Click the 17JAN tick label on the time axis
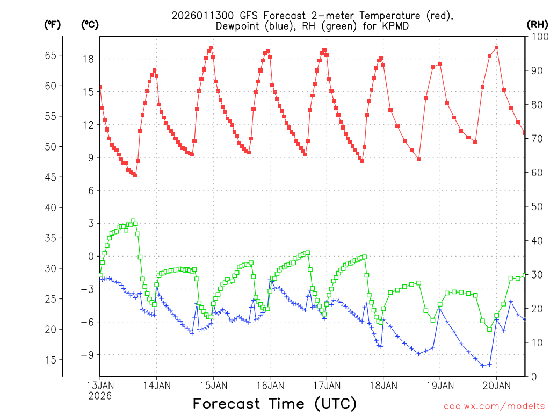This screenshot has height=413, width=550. (x=326, y=386)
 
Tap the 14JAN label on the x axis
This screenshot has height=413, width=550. (x=156, y=386)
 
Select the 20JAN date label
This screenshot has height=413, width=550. (x=496, y=386)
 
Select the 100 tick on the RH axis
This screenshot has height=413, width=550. (x=538, y=37)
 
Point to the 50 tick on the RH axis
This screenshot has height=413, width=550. (x=536, y=206)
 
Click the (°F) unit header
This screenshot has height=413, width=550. (x=52, y=24)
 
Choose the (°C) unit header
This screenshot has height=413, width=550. (x=89, y=24)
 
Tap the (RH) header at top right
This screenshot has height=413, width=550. (x=537, y=24)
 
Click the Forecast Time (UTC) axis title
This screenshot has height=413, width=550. (x=274, y=403)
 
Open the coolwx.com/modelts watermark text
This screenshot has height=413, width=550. (x=494, y=405)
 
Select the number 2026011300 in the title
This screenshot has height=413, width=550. (x=202, y=16)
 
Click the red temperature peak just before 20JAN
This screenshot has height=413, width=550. (x=496, y=47)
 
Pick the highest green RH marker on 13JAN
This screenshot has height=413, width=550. (x=133, y=221)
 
